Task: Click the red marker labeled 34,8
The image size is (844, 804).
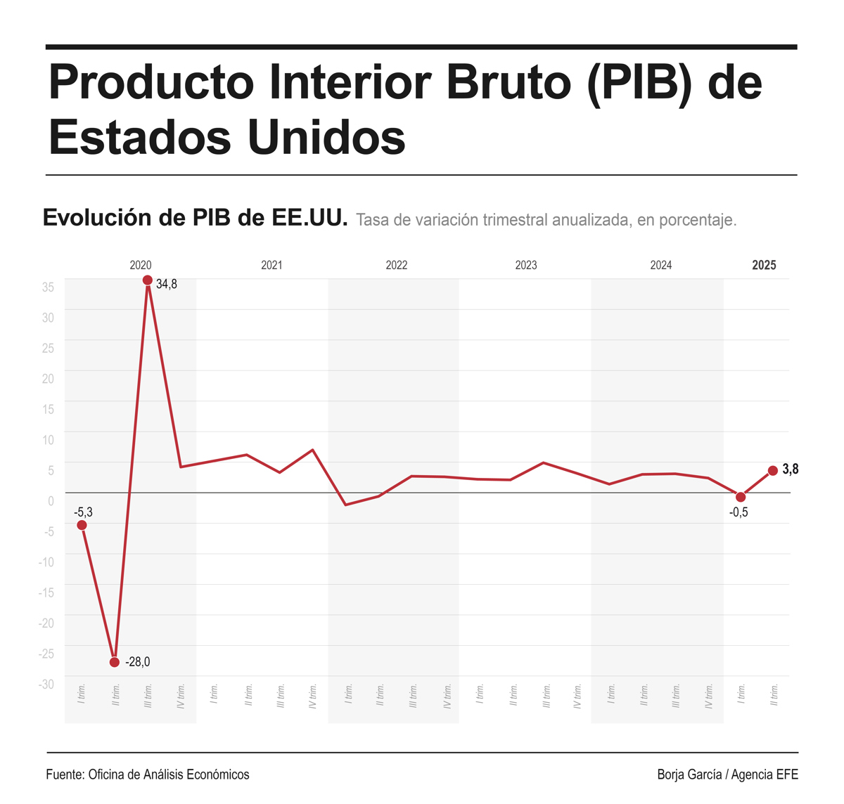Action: click(x=148, y=280)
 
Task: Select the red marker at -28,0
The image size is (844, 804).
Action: click(x=115, y=662)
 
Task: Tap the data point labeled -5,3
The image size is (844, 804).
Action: click(x=82, y=525)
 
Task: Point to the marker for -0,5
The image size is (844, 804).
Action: click(x=741, y=497)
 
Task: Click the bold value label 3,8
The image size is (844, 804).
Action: click(x=790, y=469)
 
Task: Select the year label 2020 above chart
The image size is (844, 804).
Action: click(x=141, y=265)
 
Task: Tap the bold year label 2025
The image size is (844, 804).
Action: click(x=764, y=265)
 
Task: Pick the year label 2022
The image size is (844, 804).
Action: click(x=397, y=265)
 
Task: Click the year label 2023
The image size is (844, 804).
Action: click(x=526, y=265)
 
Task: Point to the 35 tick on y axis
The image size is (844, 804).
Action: click(x=48, y=287)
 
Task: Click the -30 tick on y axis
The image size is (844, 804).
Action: click(x=46, y=685)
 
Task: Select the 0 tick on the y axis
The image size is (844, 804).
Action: click(x=51, y=501)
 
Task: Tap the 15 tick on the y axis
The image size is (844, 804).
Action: click(x=48, y=410)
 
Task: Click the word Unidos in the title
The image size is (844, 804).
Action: click(x=327, y=136)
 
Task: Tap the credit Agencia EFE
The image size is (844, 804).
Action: click(x=765, y=774)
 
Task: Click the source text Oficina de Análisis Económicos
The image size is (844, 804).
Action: click(x=169, y=774)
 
